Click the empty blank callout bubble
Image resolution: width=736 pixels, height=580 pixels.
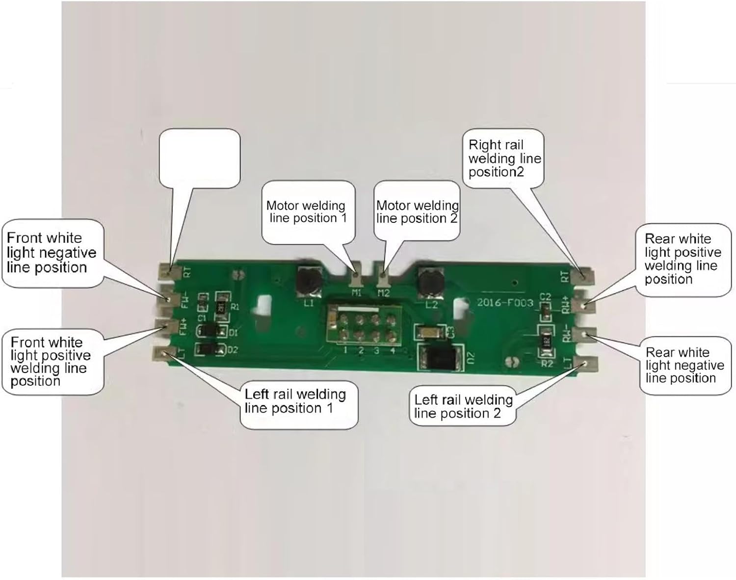coord(200,158)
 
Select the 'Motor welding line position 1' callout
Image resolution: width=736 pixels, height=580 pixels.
coord(308,211)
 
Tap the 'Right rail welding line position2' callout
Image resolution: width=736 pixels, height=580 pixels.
coord(503,158)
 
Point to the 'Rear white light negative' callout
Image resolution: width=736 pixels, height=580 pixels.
coord(684,365)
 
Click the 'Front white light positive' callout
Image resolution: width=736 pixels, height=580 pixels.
coord(52,361)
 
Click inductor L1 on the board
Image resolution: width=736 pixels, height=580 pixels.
coord(308,280)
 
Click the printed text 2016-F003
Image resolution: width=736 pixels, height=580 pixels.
coord(505,302)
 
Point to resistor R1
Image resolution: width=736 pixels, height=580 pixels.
coord(222,305)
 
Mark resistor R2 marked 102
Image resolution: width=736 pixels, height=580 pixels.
coord(546,343)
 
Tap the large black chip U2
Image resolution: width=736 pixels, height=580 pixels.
coord(439,358)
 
